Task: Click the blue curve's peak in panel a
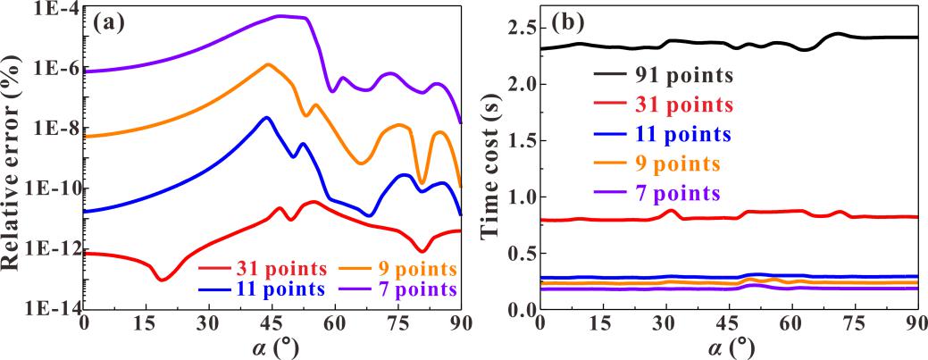[x=265, y=118]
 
